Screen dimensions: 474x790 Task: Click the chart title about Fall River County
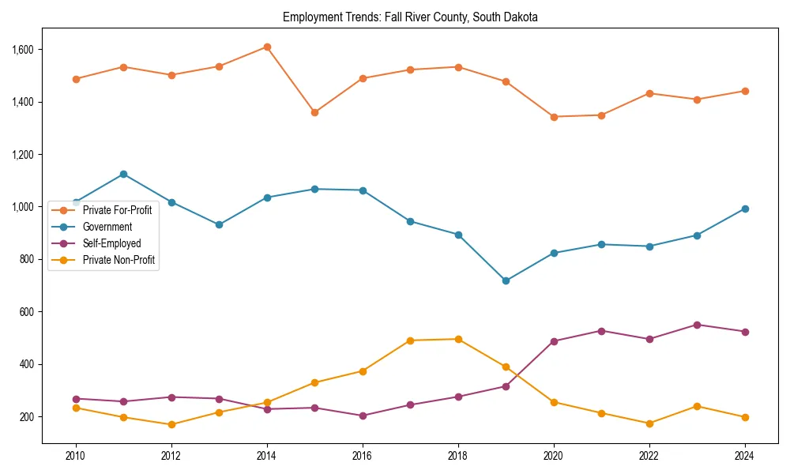409,17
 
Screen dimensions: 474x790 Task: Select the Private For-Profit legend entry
117,209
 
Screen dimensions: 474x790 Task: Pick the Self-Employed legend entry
111,244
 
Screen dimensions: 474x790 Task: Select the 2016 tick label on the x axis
363,455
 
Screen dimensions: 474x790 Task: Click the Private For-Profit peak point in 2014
267,47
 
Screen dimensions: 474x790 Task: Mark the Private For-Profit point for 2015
314,112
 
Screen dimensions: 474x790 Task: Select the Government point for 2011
123,174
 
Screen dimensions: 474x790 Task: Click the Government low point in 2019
506,280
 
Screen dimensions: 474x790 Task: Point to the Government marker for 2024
745,209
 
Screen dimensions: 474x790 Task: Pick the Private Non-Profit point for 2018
458,339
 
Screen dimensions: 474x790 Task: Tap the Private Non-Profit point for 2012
171,424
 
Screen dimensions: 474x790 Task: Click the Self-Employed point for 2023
697,325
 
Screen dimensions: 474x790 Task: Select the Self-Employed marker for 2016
363,416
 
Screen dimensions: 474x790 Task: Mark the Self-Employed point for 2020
554,341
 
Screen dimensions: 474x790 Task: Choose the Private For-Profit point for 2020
554,117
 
